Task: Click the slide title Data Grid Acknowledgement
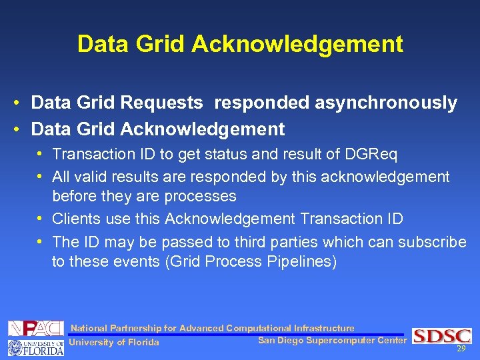(240, 44)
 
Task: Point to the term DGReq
(371, 155)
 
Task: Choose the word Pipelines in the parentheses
(303, 261)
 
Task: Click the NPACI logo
(35, 328)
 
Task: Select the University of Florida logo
(35, 347)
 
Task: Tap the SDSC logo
(441, 336)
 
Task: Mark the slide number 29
(461, 349)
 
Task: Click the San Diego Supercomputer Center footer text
(331, 341)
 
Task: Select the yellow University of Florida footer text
(114, 343)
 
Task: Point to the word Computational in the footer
(259, 328)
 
